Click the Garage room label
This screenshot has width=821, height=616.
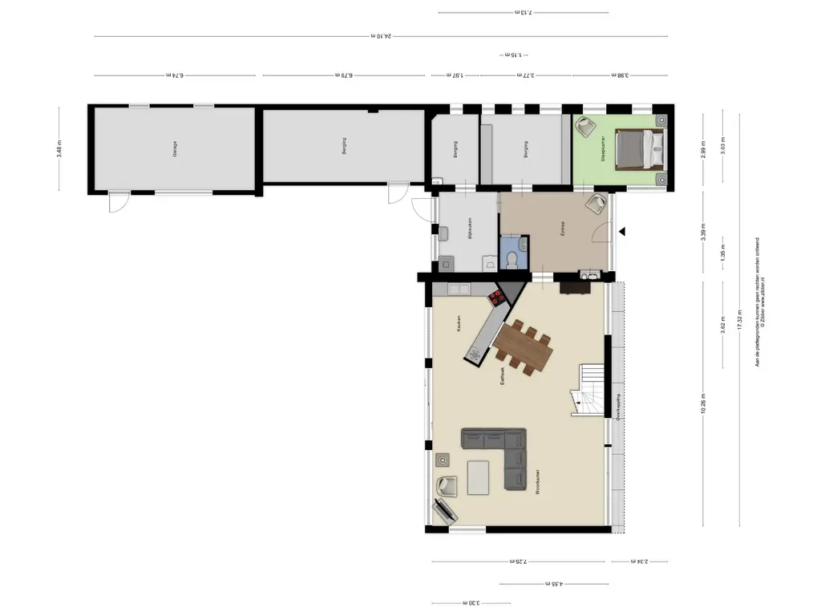click(175, 149)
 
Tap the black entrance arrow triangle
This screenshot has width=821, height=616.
click(621, 232)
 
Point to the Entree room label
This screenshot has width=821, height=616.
click(563, 229)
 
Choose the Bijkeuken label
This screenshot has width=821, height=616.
click(469, 229)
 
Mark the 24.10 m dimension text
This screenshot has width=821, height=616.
click(382, 35)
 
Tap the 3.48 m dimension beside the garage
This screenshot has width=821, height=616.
click(59, 149)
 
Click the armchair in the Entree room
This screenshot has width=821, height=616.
click(595, 204)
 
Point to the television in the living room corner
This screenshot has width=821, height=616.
click(443, 509)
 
